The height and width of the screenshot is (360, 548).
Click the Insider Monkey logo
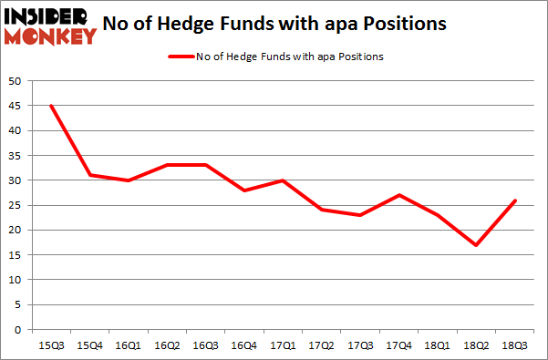[x=51, y=26]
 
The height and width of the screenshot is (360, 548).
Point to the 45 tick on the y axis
[x=16, y=106]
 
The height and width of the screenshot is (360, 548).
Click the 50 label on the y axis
[x=16, y=81]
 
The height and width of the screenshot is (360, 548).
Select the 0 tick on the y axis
[x=19, y=330]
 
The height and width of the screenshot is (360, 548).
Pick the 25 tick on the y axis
[x=16, y=205]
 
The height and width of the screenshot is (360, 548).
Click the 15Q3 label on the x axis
[x=51, y=344]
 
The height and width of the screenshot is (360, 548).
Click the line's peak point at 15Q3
[x=51, y=106]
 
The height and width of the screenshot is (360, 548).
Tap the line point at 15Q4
[x=90, y=175]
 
